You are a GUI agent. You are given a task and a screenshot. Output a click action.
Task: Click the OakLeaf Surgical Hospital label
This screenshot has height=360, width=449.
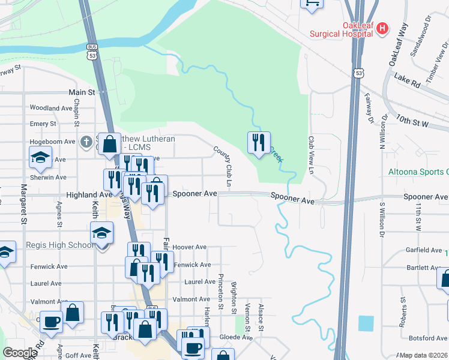(342, 30)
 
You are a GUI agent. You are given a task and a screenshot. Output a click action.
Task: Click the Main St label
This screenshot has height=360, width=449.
(82, 92)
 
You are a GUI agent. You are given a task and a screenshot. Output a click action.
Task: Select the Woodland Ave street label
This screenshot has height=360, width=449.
(51, 109)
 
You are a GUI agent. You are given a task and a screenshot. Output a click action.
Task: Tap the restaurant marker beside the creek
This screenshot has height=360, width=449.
(259, 143)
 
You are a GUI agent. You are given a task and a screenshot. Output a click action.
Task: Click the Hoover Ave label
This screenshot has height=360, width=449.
(189, 247)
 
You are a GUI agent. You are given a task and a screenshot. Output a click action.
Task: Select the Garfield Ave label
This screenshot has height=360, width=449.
(424, 250)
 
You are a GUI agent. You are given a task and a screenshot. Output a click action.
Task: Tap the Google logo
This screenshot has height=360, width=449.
(20, 353)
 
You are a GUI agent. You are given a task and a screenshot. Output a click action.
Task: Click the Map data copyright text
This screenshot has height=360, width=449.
(423, 355)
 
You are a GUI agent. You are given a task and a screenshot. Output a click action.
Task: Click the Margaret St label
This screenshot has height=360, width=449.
(25, 207)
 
